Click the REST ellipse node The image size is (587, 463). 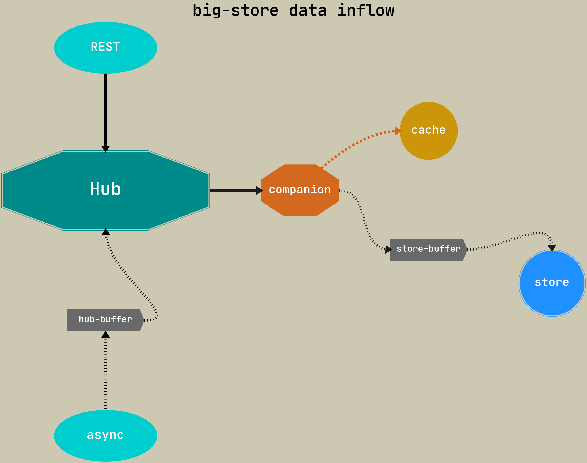point(105,48)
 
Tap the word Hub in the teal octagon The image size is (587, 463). point(105,189)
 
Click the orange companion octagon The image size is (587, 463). point(300,190)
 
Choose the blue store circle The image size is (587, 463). point(552,283)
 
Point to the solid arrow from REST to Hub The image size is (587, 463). point(105,108)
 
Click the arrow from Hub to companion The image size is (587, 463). point(233,190)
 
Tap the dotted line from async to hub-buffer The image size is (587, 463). point(105,374)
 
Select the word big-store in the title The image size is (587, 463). point(235,11)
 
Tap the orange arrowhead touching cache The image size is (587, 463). point(398,131)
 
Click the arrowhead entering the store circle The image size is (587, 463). point(552,248)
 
